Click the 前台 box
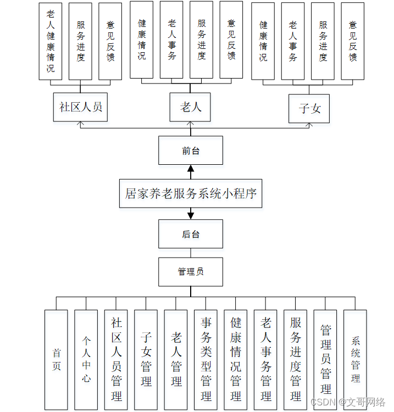point(191,151)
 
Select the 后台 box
point(191,234)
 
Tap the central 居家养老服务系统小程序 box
point(191,193)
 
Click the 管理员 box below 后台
point(191,271)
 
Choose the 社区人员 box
point(81,107)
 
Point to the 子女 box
point(309,108)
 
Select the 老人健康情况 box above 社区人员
point(51,41)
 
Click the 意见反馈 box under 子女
point(353,41)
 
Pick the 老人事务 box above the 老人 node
point(171,40)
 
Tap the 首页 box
point(56,360)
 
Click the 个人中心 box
point(86,360)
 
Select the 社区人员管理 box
point(116,360)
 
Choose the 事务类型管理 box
point(206,360)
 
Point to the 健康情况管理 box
point(236,360)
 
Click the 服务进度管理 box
point(296,360)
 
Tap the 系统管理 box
point(355,360)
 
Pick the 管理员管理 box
point(325,360)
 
